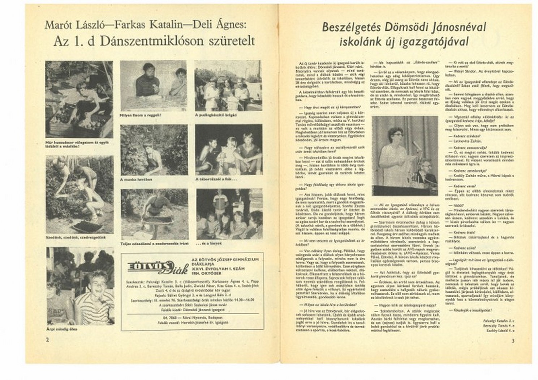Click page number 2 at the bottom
coord(47,340)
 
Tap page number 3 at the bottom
coord(513,341)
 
